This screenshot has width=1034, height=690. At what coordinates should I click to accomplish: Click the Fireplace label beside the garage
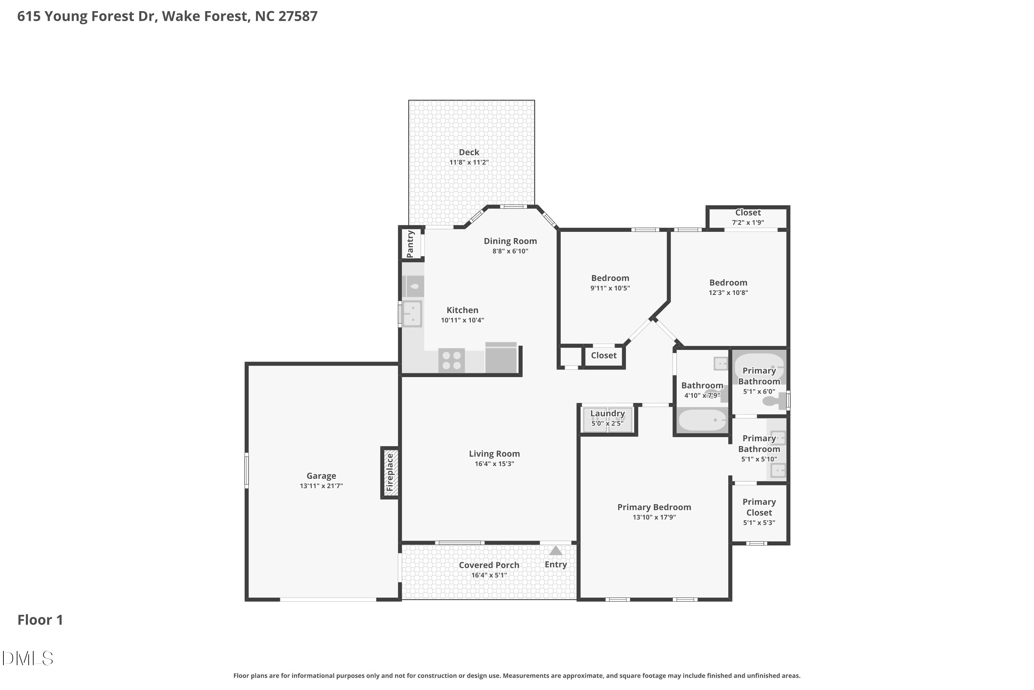[x=389, y=473]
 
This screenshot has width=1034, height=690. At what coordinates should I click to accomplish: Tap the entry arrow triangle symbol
[x=556, y=551]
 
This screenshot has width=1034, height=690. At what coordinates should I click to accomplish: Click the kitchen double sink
[x=412, y=313]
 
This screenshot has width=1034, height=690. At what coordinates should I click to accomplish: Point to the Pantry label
[x=410, y=244]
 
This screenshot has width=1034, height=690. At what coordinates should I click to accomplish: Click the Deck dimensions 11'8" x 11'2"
[x=469, y=162]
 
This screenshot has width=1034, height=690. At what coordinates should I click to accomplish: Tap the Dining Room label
[x=510, y=241]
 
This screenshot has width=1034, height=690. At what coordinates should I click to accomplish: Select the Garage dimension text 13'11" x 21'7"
[x=321, y=486]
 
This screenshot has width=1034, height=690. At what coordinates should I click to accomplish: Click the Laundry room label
[x=607, y=414]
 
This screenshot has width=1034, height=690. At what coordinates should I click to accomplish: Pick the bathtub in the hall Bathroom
[x=702, y=420]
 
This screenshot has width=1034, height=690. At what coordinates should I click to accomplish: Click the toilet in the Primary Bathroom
[x=774, y=401]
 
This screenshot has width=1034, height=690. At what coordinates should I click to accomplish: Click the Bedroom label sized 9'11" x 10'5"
[x=610, y=278]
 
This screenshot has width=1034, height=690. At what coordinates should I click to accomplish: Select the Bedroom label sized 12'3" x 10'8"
[x=728, y=283]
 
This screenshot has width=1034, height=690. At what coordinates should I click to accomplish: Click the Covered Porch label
[x=489, y=565]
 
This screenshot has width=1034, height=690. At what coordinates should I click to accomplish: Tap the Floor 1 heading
[x=40, y=620]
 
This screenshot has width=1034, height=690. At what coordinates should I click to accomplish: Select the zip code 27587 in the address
[x=298, y=16]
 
